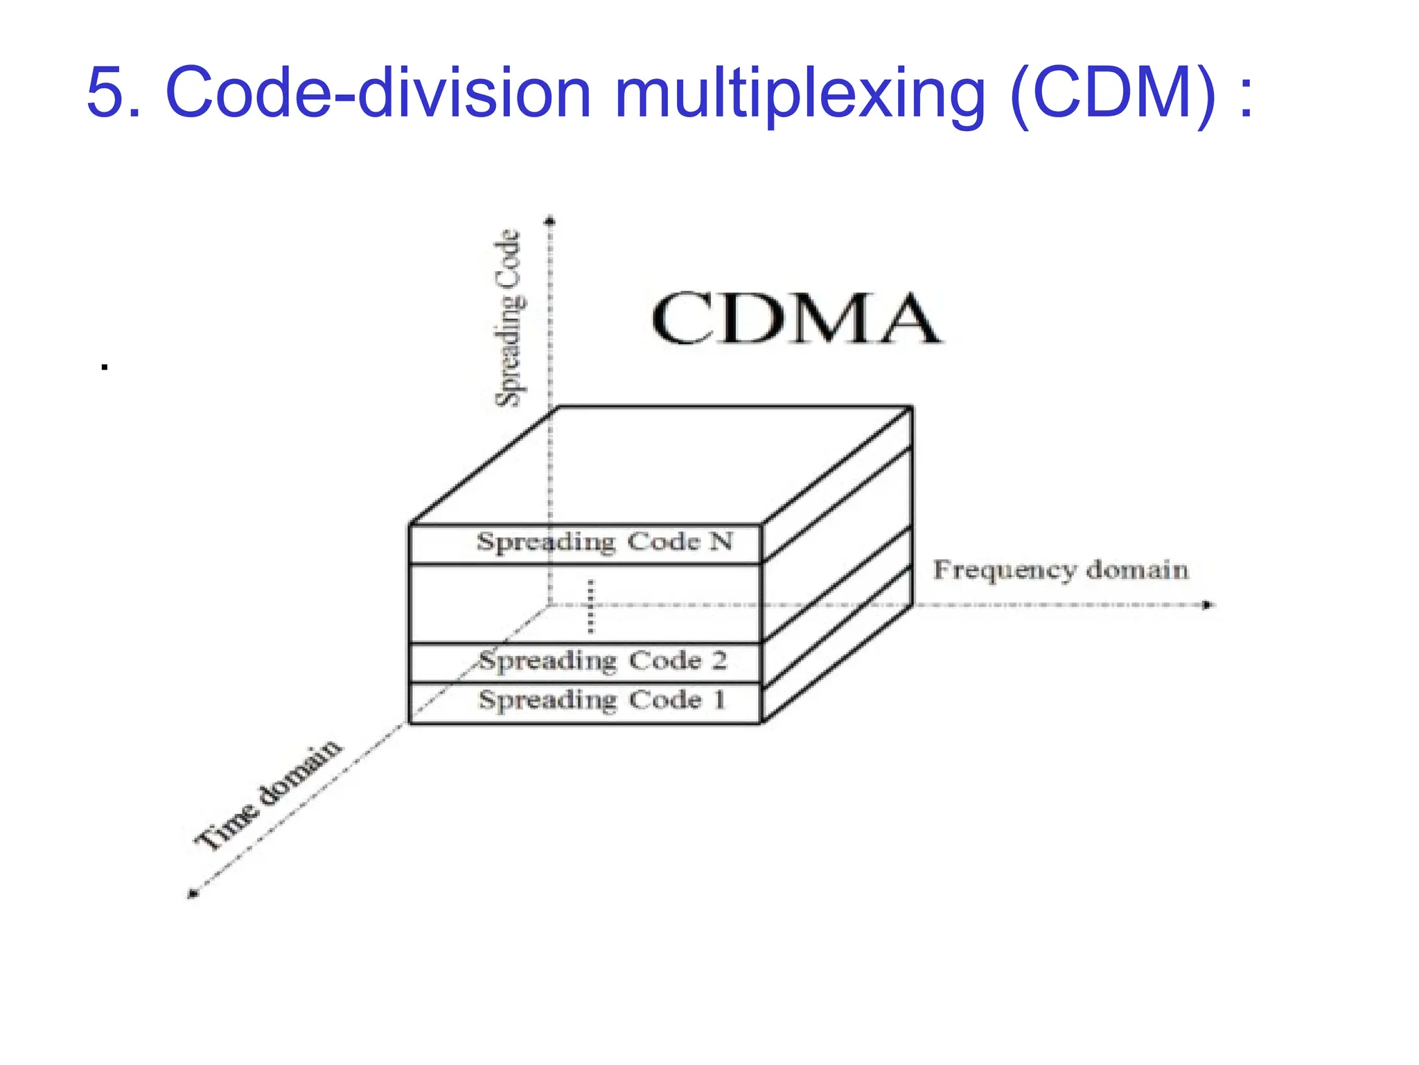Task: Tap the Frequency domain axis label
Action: coord(1061,570)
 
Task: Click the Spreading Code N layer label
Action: coord(604,542)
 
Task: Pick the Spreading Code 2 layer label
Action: coord(603,661)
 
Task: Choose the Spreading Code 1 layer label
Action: coord(602,700)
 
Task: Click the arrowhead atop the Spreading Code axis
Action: coord(550,221)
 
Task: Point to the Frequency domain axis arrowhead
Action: coord(1208,605)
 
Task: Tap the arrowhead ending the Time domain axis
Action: coord(193,894)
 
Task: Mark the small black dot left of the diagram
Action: coord(105,367)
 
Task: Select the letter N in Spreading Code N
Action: coord(721,541)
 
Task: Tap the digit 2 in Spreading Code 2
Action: coord(719,660)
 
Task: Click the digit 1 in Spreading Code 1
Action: coord(720,700)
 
